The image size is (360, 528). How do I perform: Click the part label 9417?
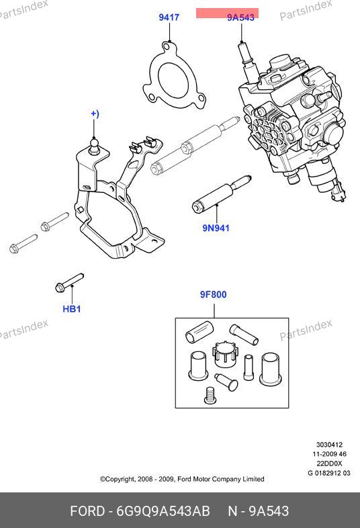[x=169, y=17]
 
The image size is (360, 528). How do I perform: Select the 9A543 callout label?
[x=241, y=17]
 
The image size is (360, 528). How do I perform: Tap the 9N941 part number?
[x=216, y=228]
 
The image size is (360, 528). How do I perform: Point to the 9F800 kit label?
[x=214, y=295]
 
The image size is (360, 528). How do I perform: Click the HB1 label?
[x=72, y=309]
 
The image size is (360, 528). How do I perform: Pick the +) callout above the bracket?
[x=95, y=114]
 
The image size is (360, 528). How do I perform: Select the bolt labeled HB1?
[x=69, y=282]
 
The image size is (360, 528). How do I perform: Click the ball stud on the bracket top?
[x=94, y=146]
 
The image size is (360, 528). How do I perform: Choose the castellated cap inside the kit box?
[x=224, y=355]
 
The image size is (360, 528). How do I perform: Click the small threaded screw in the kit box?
[x=210, y=395]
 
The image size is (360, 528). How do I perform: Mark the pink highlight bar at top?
[x=227, y=13]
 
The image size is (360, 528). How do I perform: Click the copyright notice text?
[x=182, y=479]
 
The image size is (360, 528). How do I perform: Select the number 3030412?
[x=329, y=445]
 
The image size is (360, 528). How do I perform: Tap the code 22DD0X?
[x=329, y=464]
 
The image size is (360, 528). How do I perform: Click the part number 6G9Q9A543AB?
[x=163, y=511]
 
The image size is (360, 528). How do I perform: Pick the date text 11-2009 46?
[x=329, y=454]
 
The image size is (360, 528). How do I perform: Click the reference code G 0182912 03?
[x=329, y=473]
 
